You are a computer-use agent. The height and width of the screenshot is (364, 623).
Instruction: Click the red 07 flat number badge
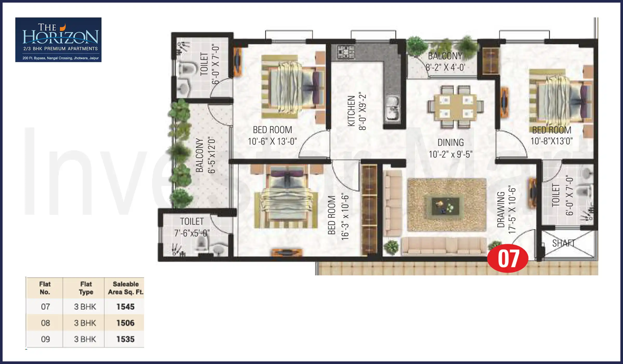[x=508, y=258]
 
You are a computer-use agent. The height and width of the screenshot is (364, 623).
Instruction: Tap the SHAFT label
[x=563, y=243]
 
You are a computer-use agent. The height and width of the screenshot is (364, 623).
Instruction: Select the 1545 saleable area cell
[x=125, y=307]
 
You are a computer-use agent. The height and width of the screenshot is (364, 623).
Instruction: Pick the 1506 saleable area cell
[x=125, y=323]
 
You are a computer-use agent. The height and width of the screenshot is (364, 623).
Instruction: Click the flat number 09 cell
[x=45, y=339]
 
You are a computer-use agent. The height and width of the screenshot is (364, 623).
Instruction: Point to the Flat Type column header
[x=86, y=288]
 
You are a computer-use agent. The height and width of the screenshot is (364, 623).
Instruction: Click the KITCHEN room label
[x=351, y=111]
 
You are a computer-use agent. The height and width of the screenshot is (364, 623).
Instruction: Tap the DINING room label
[x=450, y=142]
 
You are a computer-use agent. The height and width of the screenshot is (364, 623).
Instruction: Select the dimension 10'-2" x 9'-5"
[x=450, y=154]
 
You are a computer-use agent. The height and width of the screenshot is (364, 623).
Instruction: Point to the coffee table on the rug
[x=445, y=206]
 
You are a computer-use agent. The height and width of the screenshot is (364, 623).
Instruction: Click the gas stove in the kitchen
[x=346, y=52]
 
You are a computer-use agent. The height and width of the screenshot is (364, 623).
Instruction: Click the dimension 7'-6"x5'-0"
[x=192, y=233]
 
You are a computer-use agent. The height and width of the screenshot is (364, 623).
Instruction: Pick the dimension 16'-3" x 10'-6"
[x=345, y=216]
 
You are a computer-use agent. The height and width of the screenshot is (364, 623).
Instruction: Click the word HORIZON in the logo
[x=60, y=37]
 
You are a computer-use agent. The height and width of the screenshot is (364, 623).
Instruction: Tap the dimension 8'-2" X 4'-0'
[x=445, y=68]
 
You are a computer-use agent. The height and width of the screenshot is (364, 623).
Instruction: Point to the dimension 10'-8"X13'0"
[x=551, y=141]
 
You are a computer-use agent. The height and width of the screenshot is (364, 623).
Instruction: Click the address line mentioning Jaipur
[x=60, y=58]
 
